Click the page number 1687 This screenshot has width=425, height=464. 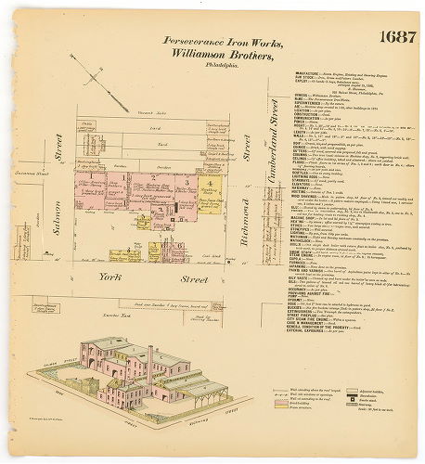(397, 37)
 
